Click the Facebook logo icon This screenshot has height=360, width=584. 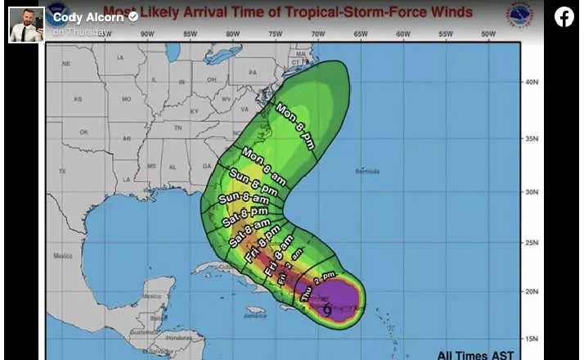coord(564,16)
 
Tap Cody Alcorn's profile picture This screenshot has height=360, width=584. coord(26,24)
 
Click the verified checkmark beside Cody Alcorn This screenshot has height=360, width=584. coord(133,16)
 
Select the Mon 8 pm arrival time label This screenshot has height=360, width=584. coord(294,125)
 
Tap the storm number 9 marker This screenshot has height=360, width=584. coord(327,309)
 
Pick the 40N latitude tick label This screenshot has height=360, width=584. coord(532,82)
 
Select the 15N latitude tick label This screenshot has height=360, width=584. coord(532,338)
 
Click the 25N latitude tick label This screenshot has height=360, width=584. coord(532,242)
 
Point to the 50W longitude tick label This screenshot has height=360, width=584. coord(488,34)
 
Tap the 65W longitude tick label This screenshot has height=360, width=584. coord(360,34)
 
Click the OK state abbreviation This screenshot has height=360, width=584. coord(83,132)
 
